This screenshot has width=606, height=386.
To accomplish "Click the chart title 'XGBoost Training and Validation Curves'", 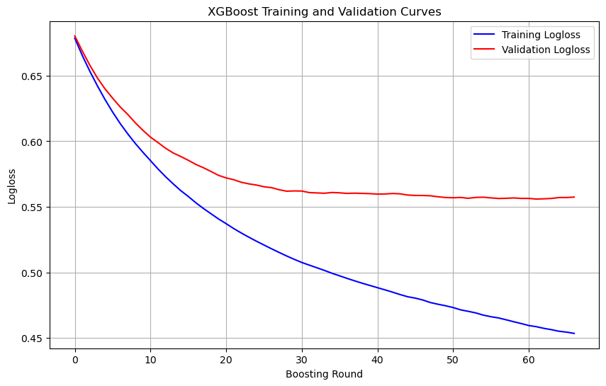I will [324, 11].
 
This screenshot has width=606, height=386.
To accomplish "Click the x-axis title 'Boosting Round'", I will [324, 374].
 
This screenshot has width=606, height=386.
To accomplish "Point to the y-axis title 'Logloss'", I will [11, 187].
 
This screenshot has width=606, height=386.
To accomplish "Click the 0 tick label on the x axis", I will [75, 360].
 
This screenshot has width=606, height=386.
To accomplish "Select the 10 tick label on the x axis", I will [150, 360].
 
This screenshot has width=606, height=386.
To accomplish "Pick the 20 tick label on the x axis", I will [226, 360].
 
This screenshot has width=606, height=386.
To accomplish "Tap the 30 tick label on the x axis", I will [302, 360].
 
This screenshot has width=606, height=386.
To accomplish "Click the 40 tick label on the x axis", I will [378, 360].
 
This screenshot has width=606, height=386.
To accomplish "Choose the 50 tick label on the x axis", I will [453, 360].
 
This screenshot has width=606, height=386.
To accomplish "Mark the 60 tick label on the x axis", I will [529, 360].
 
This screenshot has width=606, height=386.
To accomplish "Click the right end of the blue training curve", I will [574, 334].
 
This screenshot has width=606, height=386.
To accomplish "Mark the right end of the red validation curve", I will [574, 197].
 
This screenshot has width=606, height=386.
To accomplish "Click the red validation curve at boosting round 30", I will [302, 191].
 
